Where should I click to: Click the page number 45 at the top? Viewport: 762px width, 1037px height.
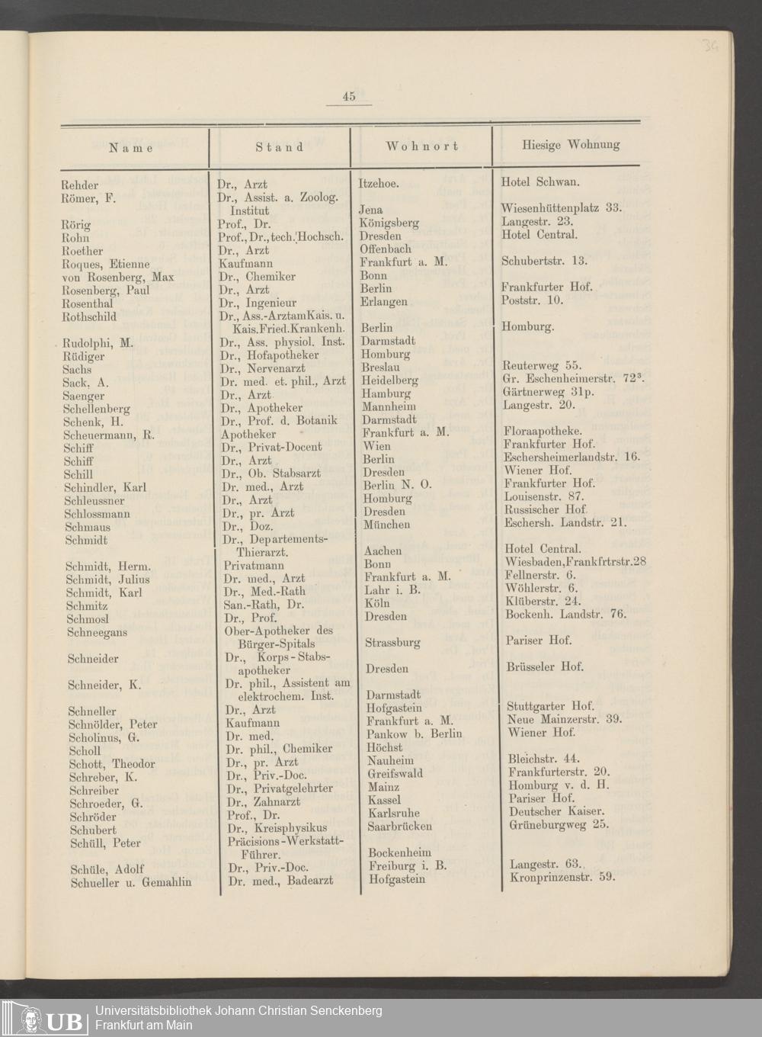click(349, 96)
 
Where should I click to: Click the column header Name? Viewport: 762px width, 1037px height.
click(131, 147)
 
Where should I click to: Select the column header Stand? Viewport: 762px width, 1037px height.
click(279, 146)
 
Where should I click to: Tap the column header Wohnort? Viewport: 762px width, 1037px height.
click(421, 146)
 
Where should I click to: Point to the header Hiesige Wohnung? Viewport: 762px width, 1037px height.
click(571, 144)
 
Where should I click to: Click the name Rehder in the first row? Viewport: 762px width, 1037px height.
click(80, 185)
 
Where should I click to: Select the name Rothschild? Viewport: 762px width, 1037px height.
click(89, 316)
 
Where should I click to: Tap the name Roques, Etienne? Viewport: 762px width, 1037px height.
click(106, 264)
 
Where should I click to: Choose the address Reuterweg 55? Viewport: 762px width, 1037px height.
click(543, 367)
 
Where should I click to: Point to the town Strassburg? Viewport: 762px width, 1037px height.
click(393, 642)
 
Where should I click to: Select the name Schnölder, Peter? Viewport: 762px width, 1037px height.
click(113, 724)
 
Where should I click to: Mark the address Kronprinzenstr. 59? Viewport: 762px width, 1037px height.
click(562, 876)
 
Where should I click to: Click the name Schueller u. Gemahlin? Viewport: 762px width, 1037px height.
click(130, 882)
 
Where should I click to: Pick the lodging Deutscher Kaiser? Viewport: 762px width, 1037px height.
click(556, 811)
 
